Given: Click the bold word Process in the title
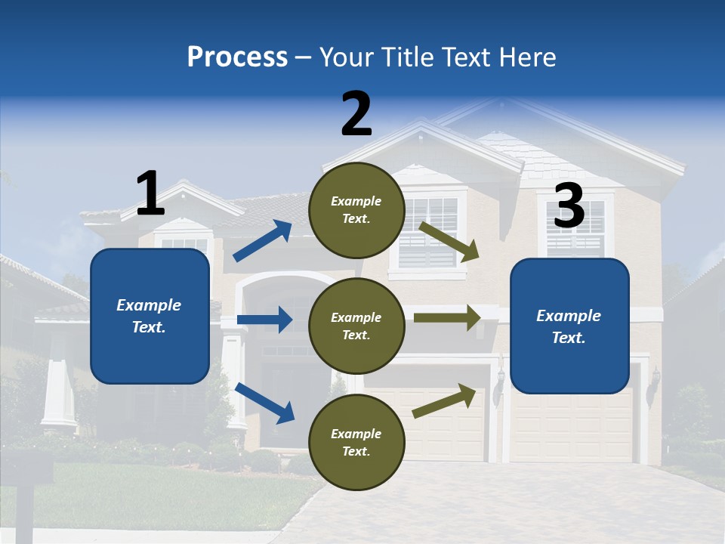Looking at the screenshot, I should click(x=237, y=57).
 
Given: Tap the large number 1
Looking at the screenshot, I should click(x=150, y=193).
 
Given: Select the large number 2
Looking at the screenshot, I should click(x=356, y=114).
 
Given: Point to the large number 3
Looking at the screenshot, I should click(x=569, y=206).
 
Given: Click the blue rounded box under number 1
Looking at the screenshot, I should click(x=150, y=316).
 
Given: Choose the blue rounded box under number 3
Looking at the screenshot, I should click(x=569, y=326).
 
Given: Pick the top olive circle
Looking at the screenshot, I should click(x=356, y=210).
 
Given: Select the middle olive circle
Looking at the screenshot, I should click(x=356, y=326).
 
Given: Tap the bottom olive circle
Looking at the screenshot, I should click(x=356, y=442).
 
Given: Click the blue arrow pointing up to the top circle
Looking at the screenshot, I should click(x=263, y=241).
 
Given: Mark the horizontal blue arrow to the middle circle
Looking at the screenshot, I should click(x=264, y=320).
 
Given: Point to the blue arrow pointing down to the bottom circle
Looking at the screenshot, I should click(x=264, y=402).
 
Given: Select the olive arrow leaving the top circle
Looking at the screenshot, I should click(x=449, y=241).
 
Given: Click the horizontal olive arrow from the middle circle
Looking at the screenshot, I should click(x=447, y=317).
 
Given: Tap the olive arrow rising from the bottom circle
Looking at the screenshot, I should click(x=445, y=401).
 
